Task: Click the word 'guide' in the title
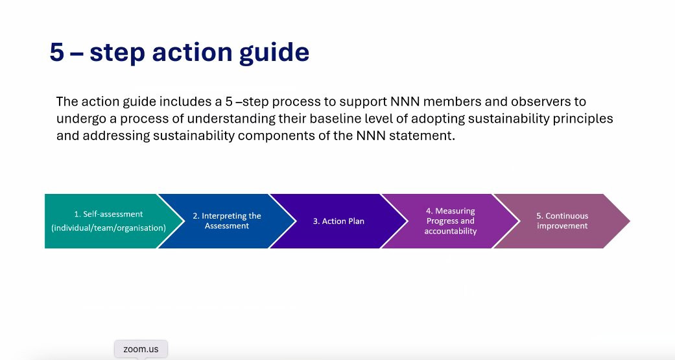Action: tap(274, 53)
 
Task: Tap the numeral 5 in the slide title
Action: tap(57, 52)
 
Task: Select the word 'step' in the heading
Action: tap(117, 53)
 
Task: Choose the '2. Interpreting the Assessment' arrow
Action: tap(227, 221)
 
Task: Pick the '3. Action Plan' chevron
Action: tap(338, 221)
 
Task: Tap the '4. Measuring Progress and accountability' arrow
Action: tap(450, 221)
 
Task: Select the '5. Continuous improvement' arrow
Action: tap(562, 221)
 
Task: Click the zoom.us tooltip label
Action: tap(141, 349)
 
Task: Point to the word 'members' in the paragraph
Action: tap(453, 102)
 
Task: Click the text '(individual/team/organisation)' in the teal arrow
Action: tap(108, 228)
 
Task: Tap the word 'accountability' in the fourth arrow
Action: tap(451, 232)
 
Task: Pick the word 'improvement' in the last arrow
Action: tap(562, 226)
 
